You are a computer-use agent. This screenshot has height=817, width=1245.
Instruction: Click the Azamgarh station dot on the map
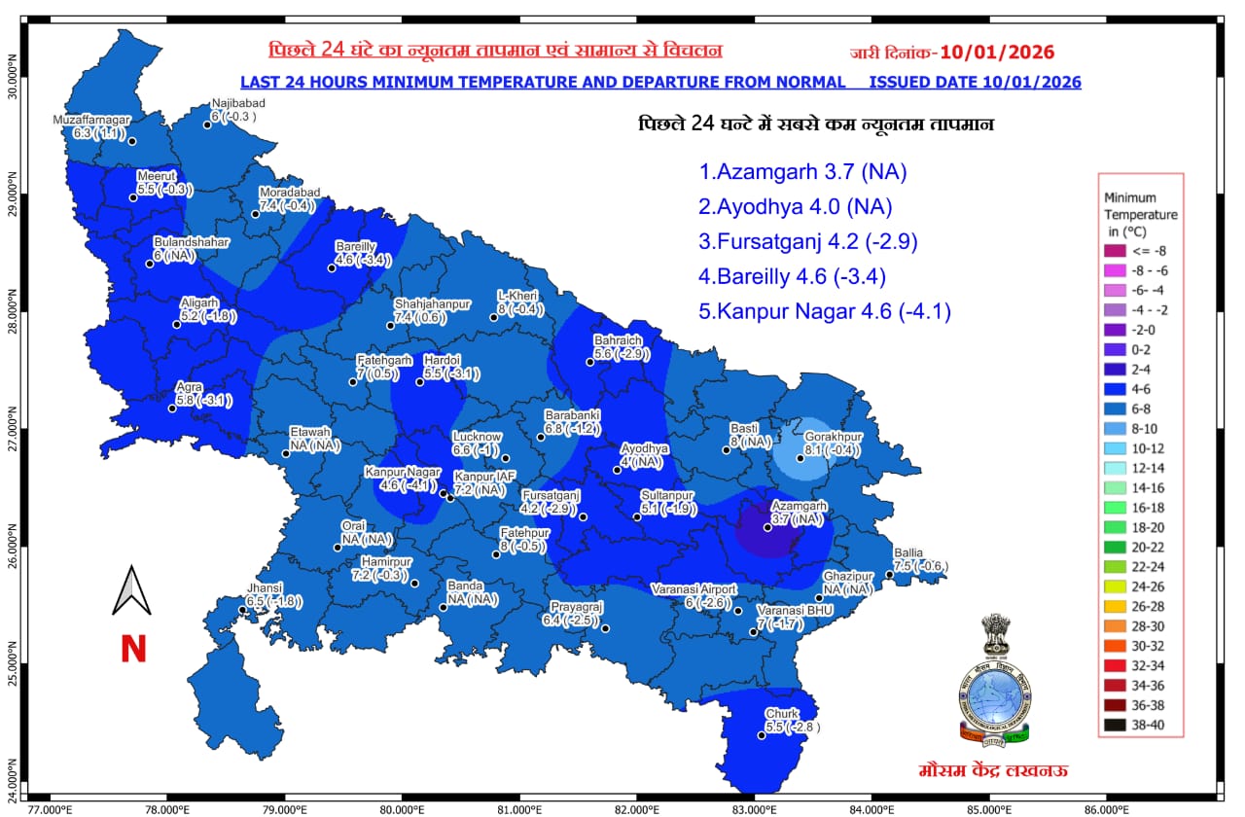tap(767, 528)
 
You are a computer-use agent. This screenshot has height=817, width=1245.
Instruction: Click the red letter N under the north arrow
tap(133, 650)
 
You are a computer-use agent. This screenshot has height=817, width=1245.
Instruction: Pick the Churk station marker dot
tap(762, 735)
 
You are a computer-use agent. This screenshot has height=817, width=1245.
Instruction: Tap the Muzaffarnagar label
tap(91, 120)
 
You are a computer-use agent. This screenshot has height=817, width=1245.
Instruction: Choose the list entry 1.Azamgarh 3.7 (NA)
tap(802, 172)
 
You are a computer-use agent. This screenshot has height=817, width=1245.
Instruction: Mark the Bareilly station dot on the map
tap(332, 267)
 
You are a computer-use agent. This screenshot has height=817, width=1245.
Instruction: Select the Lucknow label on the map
tap(477, 437)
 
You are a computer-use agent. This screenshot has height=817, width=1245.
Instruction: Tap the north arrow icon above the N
tap(131, 591)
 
